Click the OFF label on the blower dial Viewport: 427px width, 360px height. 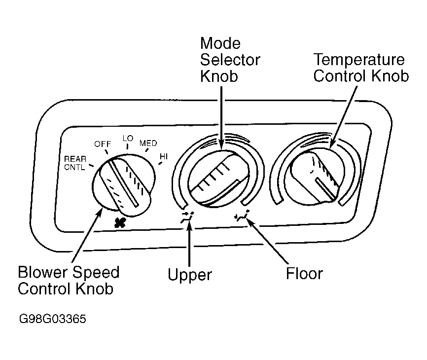[x=103, y=144]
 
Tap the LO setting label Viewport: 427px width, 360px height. [x=128, y=139]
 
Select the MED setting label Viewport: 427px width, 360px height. [x=148, y=143]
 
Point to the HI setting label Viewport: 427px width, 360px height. [x=164, y=156]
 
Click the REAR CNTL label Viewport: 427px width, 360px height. [x=75, y=163]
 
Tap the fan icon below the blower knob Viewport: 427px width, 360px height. [x=120, y=223]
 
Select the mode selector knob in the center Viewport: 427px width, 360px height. [x=218, y=179]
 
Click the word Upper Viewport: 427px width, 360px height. [x=189, y=275]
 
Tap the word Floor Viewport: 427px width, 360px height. [x=304, y=273]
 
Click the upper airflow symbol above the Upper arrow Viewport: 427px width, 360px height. [x=187, y=217]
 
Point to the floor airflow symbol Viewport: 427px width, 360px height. [x=242, y=216]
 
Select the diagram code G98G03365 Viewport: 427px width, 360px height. [x=53, y=319]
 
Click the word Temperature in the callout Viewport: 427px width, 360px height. [x=359, y=59]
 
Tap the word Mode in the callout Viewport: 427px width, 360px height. [x=220, y=43]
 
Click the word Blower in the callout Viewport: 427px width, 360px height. [x=43, y=272]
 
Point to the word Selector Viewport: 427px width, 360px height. [x=230, y=60]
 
